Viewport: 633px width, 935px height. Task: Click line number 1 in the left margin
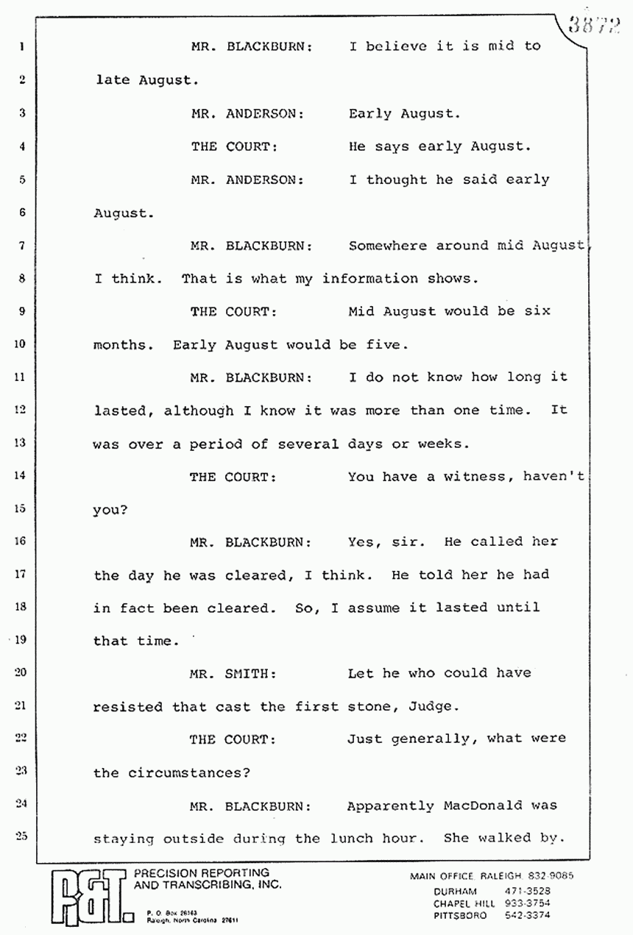(x=23, y=47)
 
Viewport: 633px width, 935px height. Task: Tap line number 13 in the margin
(x=21, y=443)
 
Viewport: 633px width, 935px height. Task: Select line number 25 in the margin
(x=21, y=836)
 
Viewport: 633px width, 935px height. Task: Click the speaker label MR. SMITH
(x=223, y=674)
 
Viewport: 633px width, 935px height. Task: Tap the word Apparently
(x=391, y=806)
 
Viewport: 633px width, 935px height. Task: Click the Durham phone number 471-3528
(x=524, y=891)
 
